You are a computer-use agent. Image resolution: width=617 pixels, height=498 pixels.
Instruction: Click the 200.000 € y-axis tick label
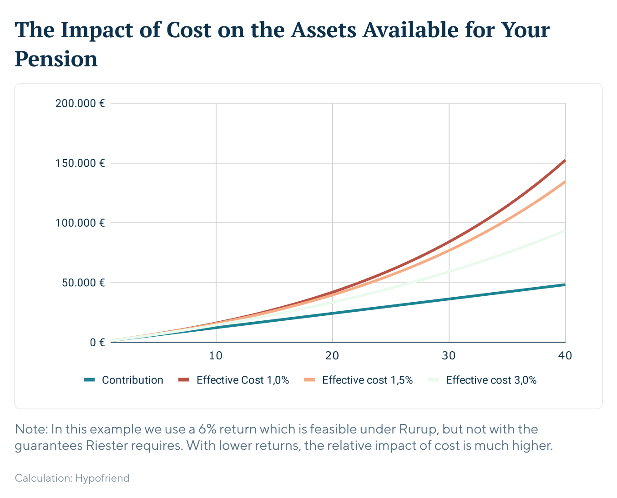(x=80, y=103)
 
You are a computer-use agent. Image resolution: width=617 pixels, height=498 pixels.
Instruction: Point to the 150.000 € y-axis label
(x=80, y=163)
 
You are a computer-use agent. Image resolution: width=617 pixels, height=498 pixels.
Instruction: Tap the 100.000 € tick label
(x=80, y=223)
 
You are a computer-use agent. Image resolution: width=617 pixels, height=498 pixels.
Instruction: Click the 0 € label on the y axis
(x=97, y=342)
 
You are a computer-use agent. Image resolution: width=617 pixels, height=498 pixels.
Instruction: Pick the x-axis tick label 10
(x=216, y=355)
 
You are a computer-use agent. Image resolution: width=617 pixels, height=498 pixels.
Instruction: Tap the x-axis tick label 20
(x=332, y=355)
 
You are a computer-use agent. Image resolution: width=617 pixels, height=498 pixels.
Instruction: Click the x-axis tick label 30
(x=449, y=355)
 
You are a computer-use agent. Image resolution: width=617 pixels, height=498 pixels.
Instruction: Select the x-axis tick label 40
(x=565, y=355)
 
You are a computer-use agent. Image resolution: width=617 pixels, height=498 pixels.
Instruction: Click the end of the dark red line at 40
(x=565, y=160)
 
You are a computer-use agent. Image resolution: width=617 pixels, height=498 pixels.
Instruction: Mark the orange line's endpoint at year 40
(x=565, y=182)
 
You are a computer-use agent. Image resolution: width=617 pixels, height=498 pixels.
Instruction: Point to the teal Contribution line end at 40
(x=565, y=284)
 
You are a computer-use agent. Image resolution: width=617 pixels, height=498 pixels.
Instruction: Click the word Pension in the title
(x=56, y=59)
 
